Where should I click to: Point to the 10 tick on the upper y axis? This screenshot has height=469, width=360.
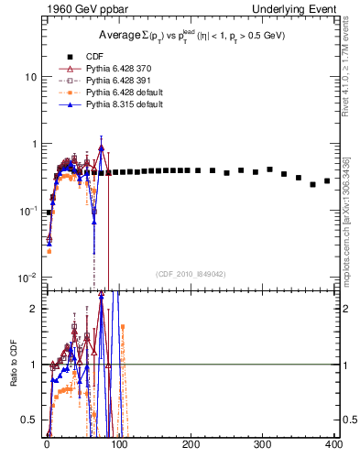tap(28, 77)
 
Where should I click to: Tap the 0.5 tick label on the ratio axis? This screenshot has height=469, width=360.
tap(27, 420)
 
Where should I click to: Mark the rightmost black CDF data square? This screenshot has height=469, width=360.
tap(327, 180)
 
